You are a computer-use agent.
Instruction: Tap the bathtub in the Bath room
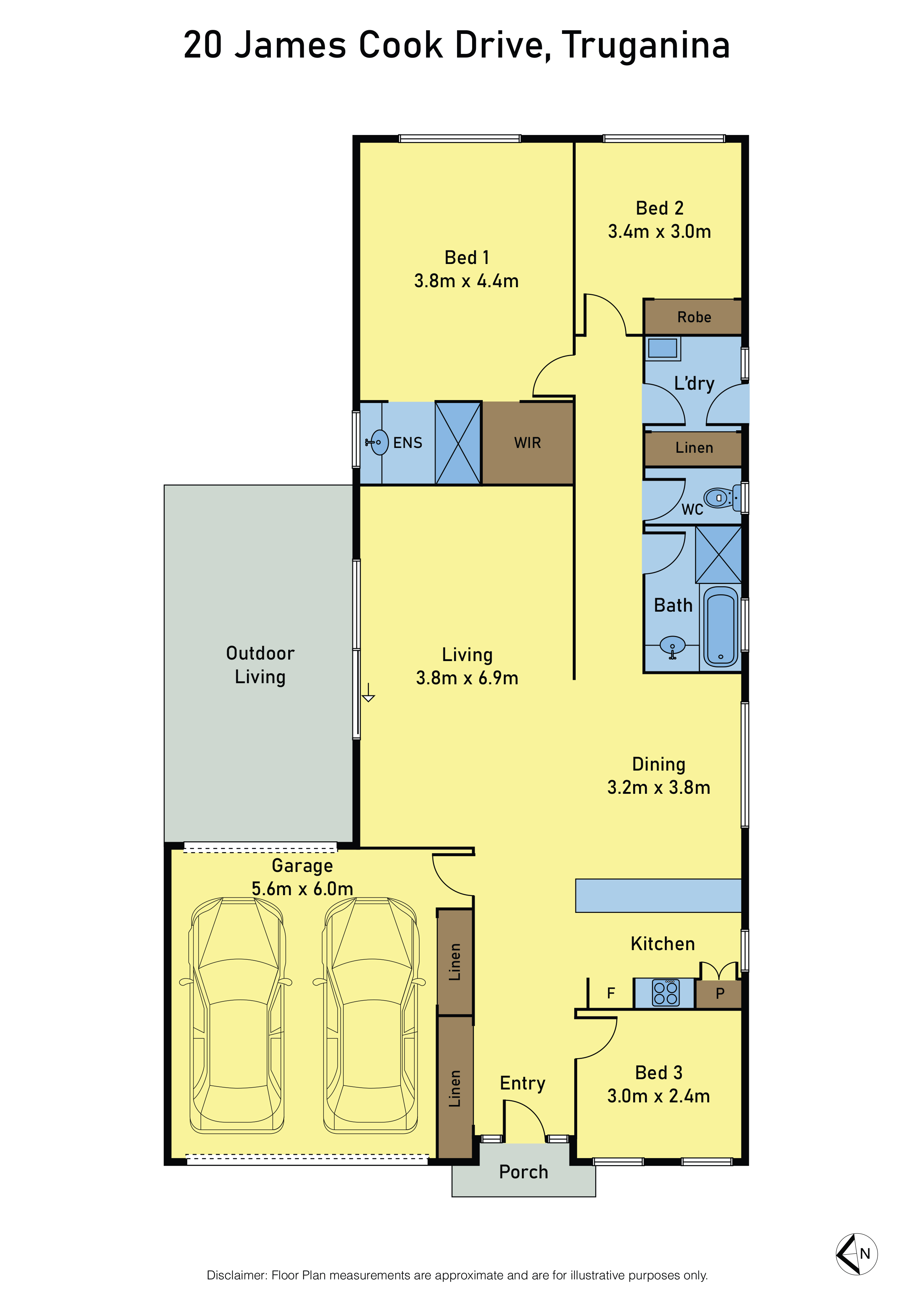click(721, 627)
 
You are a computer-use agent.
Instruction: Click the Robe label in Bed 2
click(694, 317)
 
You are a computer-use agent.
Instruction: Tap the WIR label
click(527, 443)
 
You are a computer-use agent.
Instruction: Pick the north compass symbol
click(857, 1254)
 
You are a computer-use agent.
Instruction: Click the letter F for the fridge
click(611, 993)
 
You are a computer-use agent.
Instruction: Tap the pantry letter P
click(720, 993)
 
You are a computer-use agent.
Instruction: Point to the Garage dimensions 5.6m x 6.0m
click(302, 889)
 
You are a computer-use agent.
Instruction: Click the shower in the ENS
click(458, 443)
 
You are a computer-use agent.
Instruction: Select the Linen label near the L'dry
click(694, 448)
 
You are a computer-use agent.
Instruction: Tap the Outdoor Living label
click(260, 664)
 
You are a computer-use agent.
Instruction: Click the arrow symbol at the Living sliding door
click(368, 692)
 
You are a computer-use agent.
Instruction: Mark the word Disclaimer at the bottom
click(237, 1275)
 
